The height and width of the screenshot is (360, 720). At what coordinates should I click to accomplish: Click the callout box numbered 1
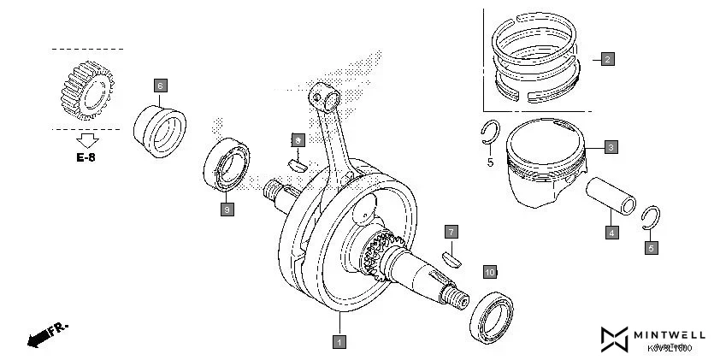pyautogui.click(x=339, y=342)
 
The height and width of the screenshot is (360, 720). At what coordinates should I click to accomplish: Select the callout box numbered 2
pyautogui.click(x=607, y=59)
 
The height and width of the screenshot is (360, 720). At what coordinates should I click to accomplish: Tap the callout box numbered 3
pyautogui.click(x=611, y=147)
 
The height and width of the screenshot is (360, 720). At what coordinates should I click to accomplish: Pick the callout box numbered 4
pyautogui.click(x=611, y=232)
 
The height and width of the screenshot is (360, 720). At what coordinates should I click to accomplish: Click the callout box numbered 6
pyautogui.click(x=160, y=85)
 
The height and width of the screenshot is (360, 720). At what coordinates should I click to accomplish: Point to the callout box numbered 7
pyautogui.click(x=451, y=232)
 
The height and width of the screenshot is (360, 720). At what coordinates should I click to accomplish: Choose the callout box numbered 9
pyautogui.click(x=226, y=209)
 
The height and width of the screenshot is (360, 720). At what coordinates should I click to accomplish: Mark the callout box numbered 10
pyautogui.click(x=489, y=272)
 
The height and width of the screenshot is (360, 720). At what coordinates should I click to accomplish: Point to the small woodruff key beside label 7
pyautogui.click(x=451, y=255)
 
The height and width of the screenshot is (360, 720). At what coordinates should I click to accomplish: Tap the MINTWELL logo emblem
pyautogui.click(x=615, y=339)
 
